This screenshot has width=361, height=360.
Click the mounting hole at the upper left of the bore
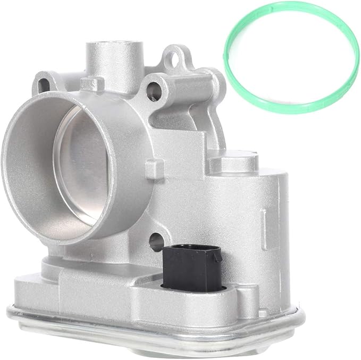(42, 84)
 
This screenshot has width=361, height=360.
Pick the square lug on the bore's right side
(150, 165)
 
